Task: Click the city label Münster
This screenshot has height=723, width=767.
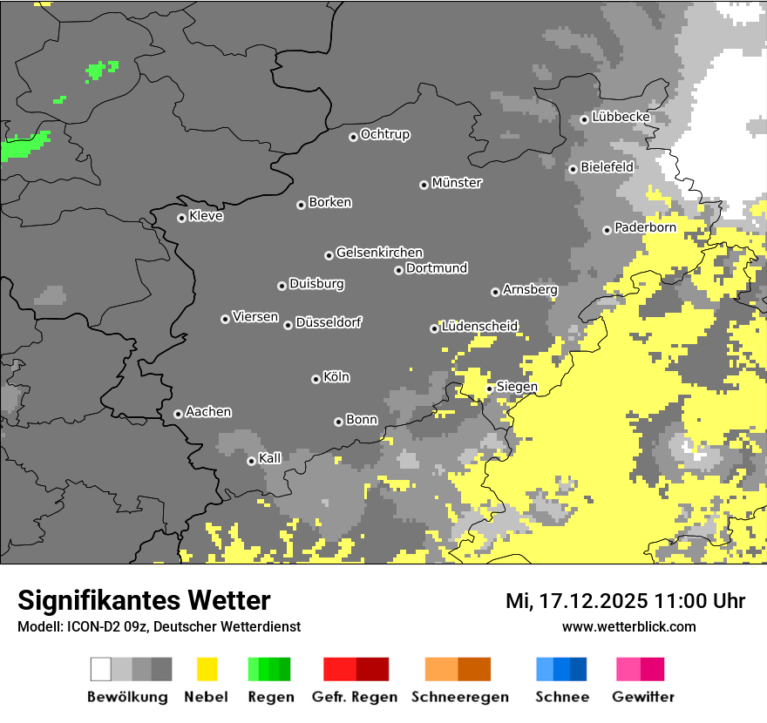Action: [x=457, y=183]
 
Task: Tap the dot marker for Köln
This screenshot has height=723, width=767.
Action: [x=316, y=379]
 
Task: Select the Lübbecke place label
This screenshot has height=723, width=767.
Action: [x=621, y=117]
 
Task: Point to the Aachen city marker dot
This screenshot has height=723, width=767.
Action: [x=178, y=414]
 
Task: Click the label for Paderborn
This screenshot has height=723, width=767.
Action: [x=645, y=227]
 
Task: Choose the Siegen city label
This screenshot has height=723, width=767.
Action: [x=517, y=387]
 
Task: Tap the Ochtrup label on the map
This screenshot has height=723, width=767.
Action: [x=384, y=134]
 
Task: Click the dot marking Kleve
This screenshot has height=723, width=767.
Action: [x=181, y=218]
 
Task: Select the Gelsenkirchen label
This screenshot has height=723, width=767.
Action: [x=379, y=253]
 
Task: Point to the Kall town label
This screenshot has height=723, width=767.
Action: [x=270, y=458]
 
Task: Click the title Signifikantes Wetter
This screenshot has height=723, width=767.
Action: [x=144, y=600]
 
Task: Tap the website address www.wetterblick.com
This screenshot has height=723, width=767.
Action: [x=628, y=626]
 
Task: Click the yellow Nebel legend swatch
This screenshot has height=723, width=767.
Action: [x=207, y=669]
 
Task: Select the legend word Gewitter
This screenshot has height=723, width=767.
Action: [x=642, y=697]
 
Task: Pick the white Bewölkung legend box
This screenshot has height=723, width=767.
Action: [x=101, y=669]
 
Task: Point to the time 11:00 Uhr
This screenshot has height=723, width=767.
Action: [x=703, y=601]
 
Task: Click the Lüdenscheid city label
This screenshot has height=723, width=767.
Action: [x=479, y=327]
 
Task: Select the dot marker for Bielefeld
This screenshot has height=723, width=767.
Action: [x=573, y=169]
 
